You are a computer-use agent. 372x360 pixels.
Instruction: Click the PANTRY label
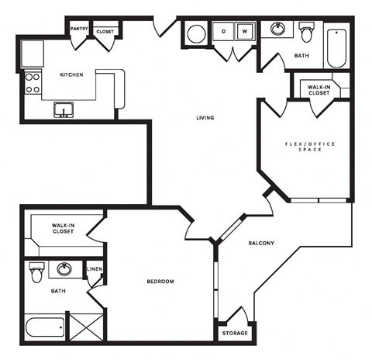coord(79,29)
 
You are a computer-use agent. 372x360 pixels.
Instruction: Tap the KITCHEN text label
coord(72,75)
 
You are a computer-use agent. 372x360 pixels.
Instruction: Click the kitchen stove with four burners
coord(33,82)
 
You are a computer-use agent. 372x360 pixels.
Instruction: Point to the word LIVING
coord(205,118)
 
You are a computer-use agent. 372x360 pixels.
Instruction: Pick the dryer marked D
coord(223,33)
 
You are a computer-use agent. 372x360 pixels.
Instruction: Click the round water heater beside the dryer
coord(196,34)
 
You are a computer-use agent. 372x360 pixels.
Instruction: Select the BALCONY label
coord(260,243)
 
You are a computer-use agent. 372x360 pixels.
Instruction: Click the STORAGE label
coord(236,333)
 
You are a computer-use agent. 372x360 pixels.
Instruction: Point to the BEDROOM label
coord(160,281)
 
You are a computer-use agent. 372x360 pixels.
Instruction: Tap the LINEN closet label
coord(95,269)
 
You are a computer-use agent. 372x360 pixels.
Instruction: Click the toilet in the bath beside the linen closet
coord(36,273)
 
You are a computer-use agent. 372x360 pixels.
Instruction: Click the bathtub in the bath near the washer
coord(337,47)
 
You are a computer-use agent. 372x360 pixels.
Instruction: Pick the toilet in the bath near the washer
coord(308,33)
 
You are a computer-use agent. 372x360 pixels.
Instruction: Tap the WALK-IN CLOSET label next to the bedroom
coord(57,227)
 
